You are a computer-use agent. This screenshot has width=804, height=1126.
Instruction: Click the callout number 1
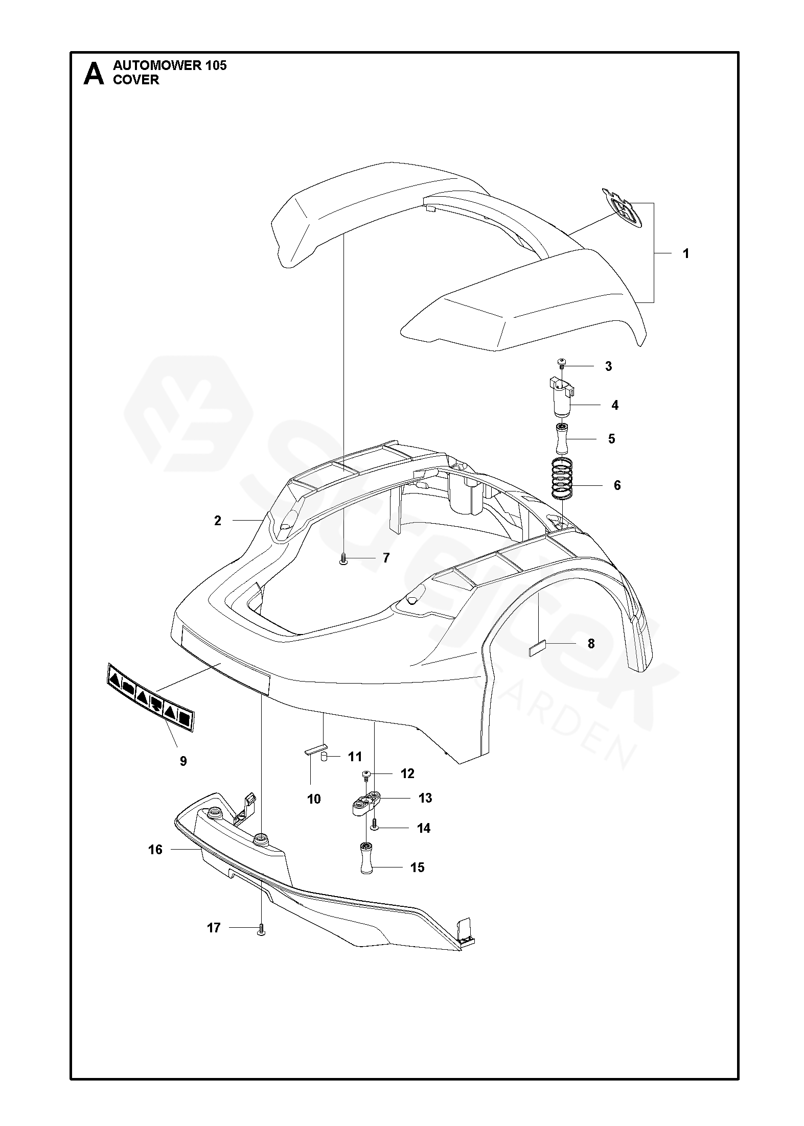[686, 253]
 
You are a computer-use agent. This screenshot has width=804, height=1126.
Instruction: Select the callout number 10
[314, 799]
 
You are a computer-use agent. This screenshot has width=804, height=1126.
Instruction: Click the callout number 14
[424, 828]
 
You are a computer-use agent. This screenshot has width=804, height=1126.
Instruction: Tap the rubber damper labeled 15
[366, 860]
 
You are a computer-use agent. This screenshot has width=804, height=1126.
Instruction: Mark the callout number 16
[155, 850]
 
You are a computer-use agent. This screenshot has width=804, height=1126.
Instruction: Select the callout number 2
[218, 521]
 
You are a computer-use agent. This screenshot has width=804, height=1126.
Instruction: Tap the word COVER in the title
[136, 80]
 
